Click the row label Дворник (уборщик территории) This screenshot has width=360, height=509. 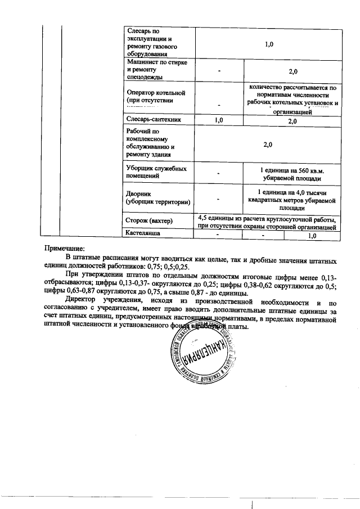(x=158, y=197)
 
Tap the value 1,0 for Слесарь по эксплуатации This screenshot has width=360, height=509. (x=268, y=43)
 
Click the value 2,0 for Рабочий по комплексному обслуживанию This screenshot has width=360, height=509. (x=268, y=145)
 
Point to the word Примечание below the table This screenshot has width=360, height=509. (x=65, y=248)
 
